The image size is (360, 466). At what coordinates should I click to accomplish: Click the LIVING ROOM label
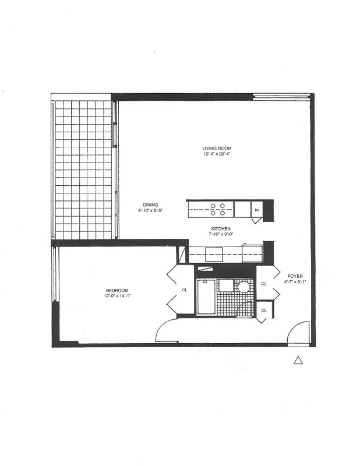(217, 149)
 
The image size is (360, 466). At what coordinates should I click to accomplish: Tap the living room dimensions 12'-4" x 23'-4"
(217, 154)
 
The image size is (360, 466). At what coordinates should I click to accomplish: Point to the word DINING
(150, 204)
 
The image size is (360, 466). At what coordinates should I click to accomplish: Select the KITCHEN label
(221, 229)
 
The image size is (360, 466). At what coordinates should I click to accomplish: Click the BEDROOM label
(117, 290)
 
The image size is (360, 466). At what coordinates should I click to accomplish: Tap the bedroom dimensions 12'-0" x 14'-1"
(117, 296)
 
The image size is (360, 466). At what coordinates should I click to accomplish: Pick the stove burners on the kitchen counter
(217, 209)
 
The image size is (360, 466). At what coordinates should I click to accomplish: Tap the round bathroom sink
(243, 287)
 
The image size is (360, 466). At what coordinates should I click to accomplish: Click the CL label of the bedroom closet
(184, 290)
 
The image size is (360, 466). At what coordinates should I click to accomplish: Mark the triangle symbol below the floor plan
(298, 361)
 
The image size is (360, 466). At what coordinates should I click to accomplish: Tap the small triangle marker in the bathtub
(205, 281)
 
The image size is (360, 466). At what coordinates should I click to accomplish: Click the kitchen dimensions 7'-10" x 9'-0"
(221, 235)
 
